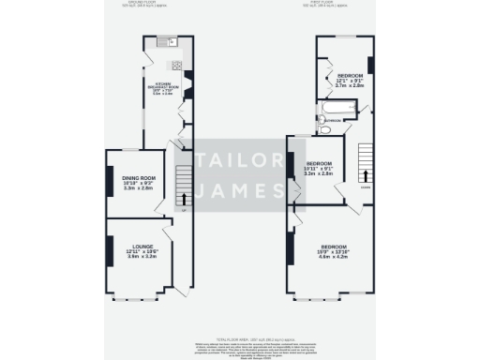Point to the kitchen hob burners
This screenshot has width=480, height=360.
point(174,65)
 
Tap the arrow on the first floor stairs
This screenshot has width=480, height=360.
point(365,174)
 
